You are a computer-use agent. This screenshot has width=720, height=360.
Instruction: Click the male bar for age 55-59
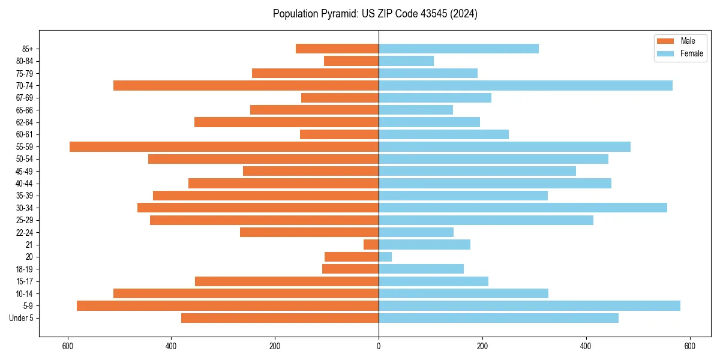[224, 146]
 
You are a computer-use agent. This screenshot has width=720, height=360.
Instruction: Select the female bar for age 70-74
[526, 85]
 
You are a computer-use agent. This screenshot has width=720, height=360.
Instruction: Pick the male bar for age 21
[371, 244]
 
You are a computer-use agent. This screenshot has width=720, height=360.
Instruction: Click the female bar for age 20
[385, 257]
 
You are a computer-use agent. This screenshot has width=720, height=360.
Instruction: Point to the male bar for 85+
[337, 49]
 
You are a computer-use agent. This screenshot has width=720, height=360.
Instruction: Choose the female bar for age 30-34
[523, 208]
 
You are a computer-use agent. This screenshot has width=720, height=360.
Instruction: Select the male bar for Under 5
[280, 318]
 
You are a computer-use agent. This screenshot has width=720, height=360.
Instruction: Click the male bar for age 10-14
[246, 293]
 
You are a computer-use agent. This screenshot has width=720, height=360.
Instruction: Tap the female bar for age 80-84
[406, 61]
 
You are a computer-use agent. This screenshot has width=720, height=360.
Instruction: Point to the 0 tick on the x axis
[379, 346]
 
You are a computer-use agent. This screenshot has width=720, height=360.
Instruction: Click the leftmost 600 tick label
[68, 346]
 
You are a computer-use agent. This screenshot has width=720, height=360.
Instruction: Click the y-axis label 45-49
[24, 171]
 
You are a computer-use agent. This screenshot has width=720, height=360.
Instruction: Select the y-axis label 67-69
[24, 98]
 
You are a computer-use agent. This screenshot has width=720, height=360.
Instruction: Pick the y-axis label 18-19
[24, 269]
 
